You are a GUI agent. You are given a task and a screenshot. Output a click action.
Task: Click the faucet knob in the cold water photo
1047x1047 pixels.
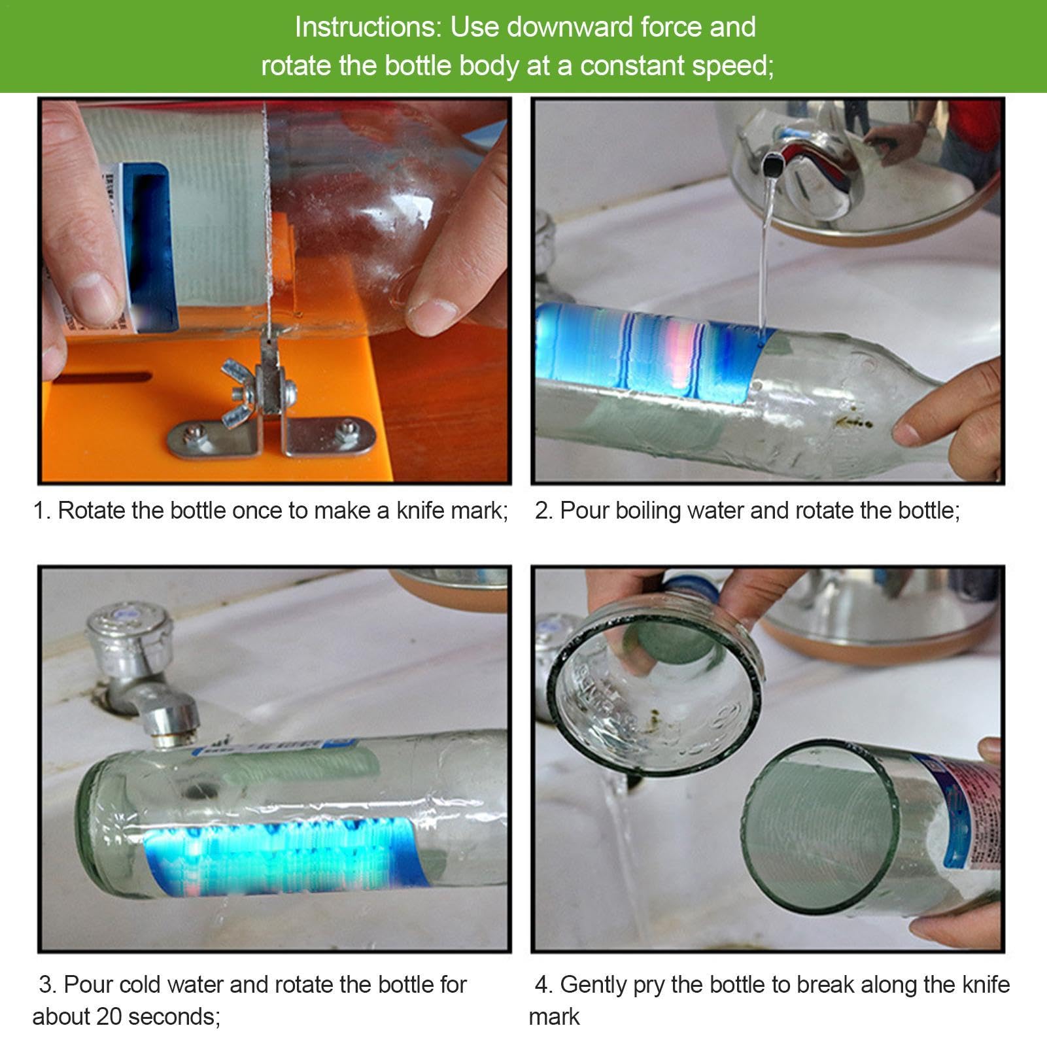pyautogui.click(x=129, y=632)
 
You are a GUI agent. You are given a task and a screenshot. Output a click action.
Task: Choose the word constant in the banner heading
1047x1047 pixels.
pyautogui.click(x=631, y=66)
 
